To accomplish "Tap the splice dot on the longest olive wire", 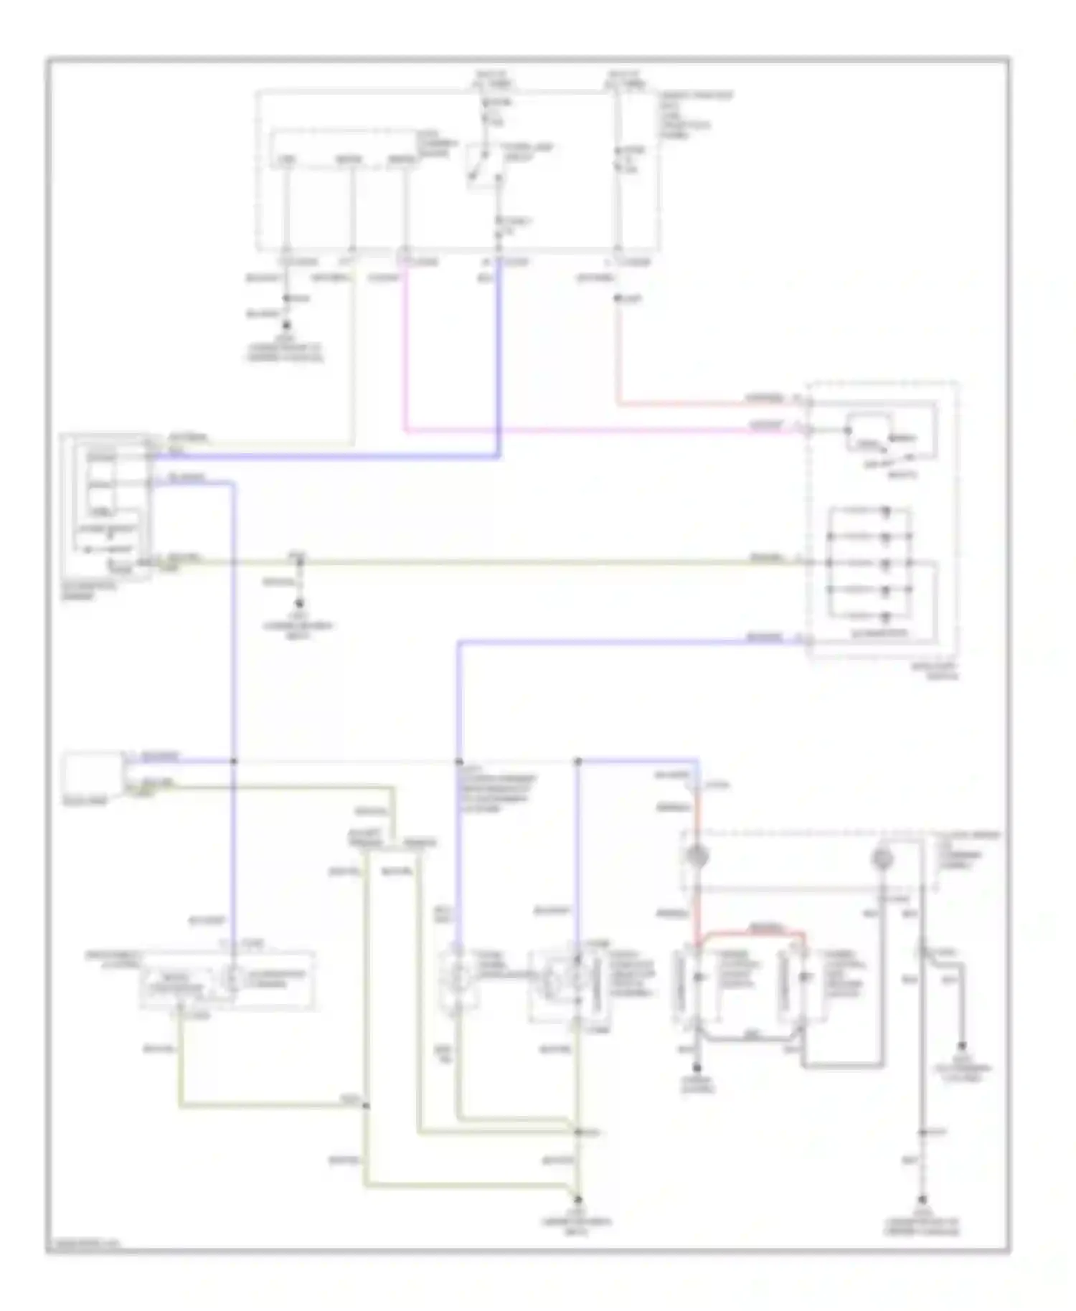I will tap(299, 562).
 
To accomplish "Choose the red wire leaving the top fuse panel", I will tap(618, 359).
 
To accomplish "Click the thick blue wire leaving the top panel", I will tap(499, 359).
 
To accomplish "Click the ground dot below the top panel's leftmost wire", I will tap(286, 324).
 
